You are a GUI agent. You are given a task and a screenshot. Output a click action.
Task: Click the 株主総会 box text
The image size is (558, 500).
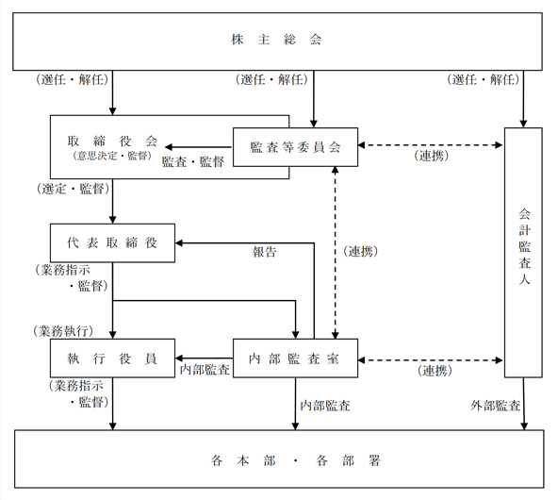276,40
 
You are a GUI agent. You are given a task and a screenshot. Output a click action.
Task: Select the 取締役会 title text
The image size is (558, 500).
112,141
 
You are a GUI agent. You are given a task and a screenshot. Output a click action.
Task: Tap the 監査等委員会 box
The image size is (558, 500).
295,147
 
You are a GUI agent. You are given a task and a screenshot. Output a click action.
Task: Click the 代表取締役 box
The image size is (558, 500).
112,242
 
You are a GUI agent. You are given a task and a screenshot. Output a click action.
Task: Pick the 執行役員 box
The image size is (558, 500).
112,358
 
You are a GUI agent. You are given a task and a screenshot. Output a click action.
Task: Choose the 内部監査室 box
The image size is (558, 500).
295,358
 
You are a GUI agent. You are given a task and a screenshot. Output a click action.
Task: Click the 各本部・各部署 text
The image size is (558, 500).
295,460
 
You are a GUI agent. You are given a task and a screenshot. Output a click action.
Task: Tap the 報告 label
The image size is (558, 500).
265,252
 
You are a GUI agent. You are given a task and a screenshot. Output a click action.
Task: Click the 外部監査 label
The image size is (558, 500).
495,406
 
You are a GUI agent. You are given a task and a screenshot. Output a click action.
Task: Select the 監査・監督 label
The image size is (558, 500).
193,161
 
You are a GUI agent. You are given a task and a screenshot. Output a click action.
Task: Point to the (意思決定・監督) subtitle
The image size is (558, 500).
112,156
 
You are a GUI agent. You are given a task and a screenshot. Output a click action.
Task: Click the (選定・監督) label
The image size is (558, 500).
73,189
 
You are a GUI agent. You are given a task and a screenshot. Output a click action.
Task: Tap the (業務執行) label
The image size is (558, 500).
63,331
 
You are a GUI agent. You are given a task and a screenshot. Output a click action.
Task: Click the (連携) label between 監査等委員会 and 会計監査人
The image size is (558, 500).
431,156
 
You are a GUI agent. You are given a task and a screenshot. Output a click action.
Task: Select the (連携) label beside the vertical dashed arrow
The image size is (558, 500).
360,252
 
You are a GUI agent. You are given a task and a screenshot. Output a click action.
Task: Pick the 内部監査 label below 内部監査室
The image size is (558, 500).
325,406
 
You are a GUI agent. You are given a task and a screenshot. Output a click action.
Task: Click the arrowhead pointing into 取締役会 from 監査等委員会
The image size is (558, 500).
169,147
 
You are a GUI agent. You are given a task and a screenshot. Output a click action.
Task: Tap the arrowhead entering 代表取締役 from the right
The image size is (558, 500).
179,242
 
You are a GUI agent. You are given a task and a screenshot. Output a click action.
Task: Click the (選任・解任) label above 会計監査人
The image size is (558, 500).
483,79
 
